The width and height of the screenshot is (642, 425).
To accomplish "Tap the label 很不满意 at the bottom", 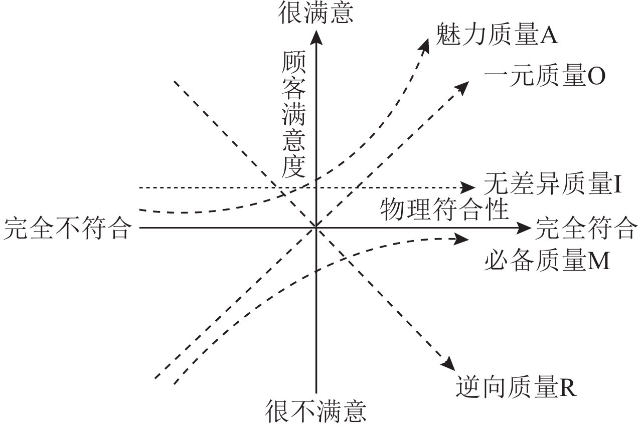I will tap(316, 411).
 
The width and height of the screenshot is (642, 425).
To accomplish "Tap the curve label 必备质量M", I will tap(547, 261).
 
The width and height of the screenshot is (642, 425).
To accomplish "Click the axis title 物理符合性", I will tap(444, 209).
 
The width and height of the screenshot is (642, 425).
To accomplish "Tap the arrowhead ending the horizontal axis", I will tap(525, 228).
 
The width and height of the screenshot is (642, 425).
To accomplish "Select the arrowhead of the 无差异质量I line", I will tap(469, 187).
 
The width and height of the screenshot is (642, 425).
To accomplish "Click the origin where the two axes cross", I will tap(316, 228).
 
